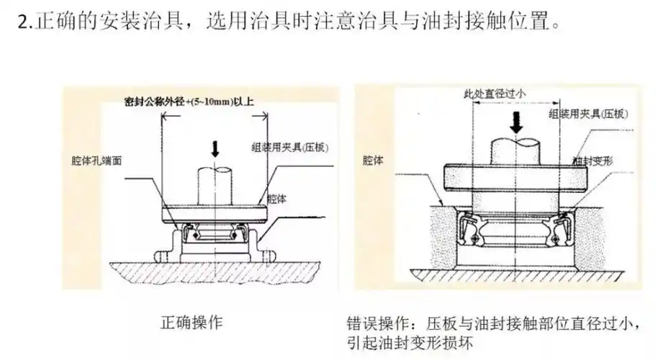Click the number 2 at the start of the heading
click(21, 22)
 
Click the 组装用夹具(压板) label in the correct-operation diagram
click(291, 146)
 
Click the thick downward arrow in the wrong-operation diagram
click(515, 121)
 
